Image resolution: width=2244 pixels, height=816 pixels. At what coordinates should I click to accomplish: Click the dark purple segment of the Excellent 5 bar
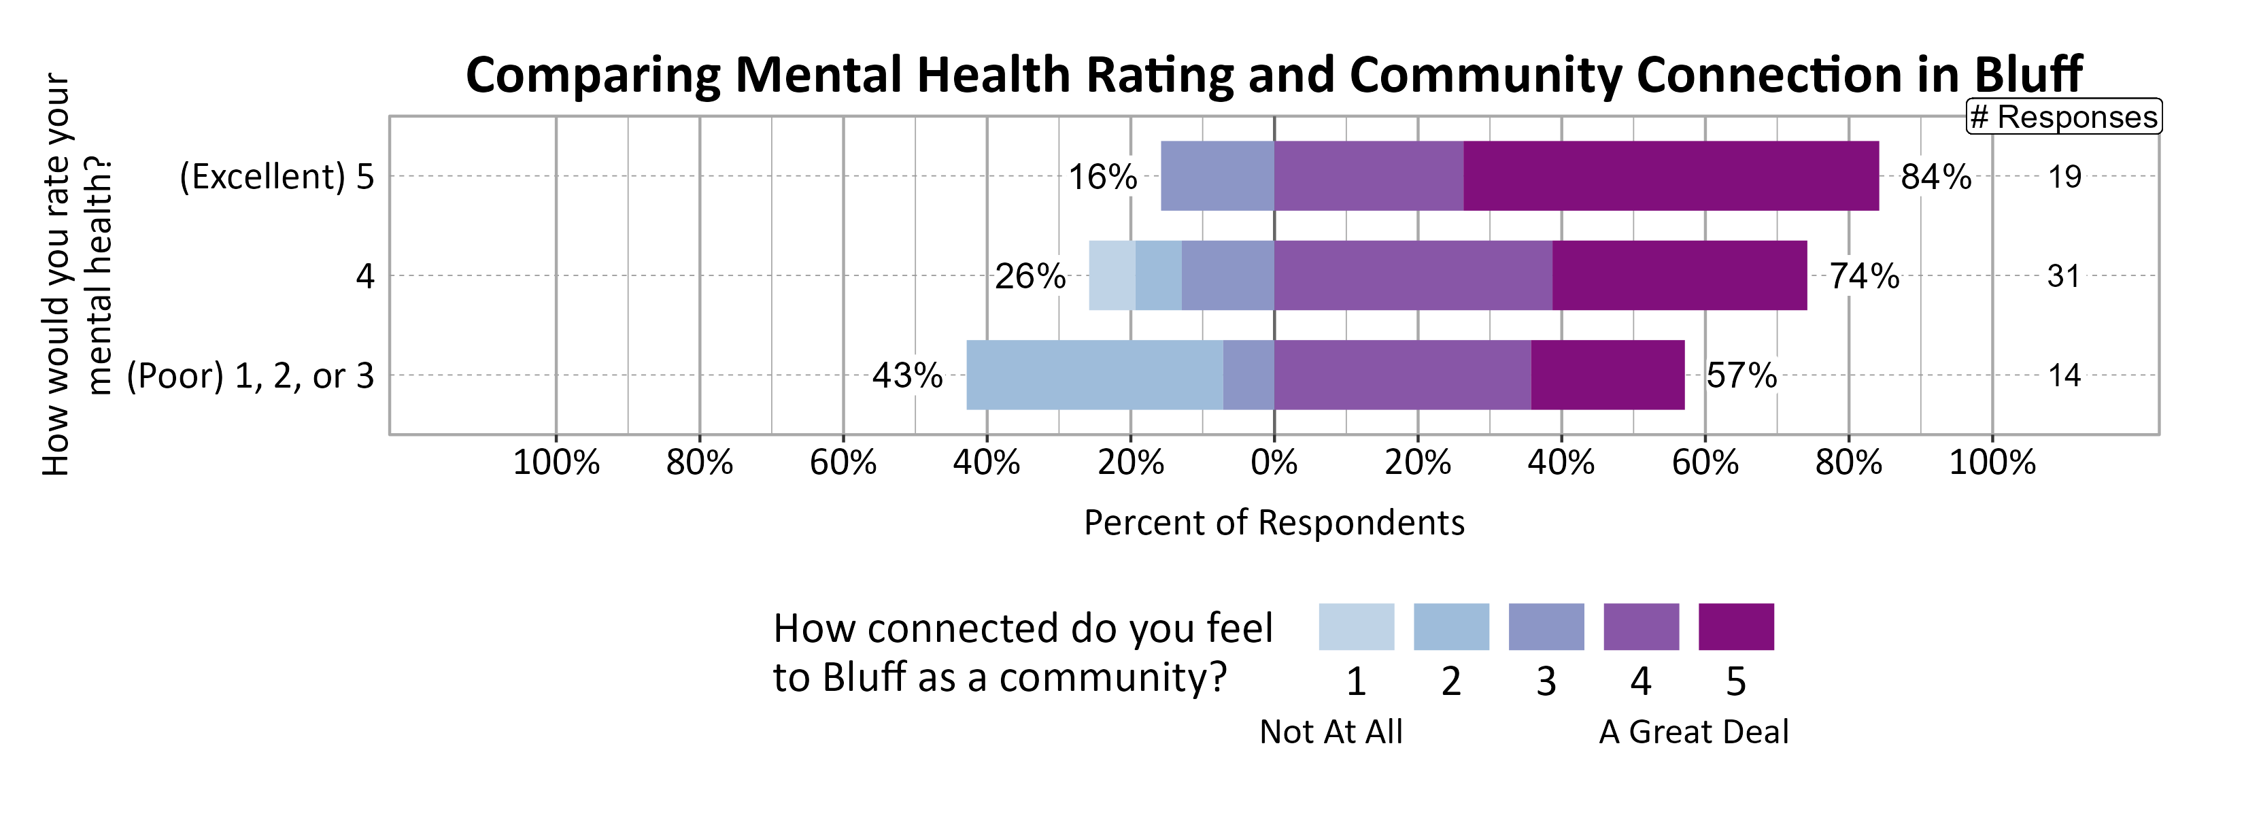1671,176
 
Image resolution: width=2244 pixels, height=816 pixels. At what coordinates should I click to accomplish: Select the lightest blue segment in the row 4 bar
1112,275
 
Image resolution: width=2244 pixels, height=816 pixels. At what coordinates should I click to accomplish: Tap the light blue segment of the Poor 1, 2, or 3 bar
1094,375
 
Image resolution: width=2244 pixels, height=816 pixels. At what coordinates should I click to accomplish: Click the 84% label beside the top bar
1936,177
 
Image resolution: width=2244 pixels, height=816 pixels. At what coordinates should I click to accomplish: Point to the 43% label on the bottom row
907,375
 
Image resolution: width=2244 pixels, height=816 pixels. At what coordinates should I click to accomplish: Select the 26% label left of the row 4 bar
1030,276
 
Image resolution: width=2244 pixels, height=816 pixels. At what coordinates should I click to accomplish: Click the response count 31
2064,276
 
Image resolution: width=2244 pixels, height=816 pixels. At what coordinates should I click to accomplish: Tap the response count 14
2064,375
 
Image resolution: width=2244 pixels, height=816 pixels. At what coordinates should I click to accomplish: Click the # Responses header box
2064,117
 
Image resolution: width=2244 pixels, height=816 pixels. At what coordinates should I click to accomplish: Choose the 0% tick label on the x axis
1274,462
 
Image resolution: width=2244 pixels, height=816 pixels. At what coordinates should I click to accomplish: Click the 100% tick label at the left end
556,462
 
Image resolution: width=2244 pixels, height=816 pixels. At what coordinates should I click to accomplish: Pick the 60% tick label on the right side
1705,462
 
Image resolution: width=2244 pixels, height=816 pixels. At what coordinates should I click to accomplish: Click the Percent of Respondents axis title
1274,522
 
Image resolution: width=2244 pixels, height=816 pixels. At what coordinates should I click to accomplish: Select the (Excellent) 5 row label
276,177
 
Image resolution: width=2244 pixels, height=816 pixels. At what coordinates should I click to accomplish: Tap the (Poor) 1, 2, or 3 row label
250,375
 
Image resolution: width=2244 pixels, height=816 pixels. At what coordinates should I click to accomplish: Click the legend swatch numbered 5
1735,626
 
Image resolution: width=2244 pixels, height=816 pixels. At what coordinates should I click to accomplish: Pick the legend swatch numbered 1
1355,626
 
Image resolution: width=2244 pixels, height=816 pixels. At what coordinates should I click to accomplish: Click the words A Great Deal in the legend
1693,732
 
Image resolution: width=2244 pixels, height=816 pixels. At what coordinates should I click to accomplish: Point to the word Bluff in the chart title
2027,74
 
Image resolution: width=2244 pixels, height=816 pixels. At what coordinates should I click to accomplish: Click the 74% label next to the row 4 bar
1863,276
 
